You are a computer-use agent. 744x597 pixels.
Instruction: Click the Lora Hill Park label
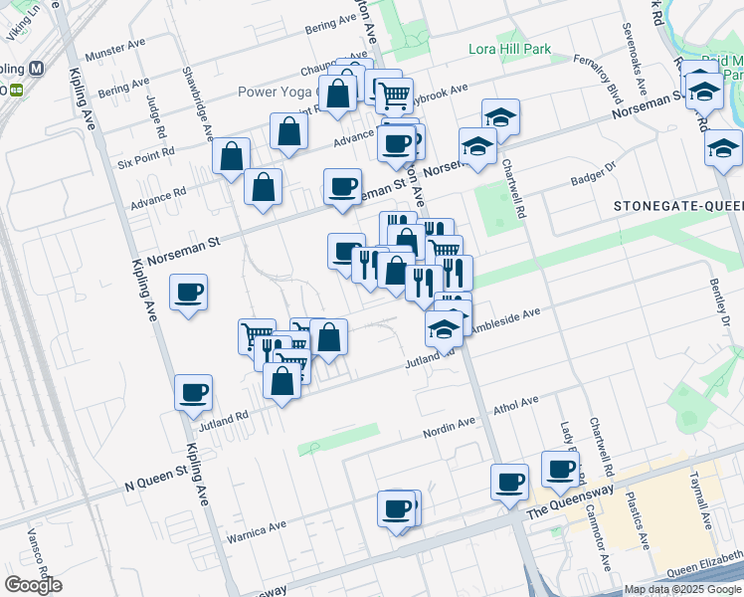(x=509, y=50)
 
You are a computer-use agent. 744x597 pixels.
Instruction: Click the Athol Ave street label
(x=516, y=403)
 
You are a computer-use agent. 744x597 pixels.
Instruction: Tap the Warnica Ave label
(x=256, y=529)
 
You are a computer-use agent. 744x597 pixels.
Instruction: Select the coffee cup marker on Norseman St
(x=343, y=186)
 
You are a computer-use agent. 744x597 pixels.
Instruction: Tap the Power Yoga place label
(x=277, y=93)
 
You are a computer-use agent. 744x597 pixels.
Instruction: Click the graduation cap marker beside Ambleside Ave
(x=444, y=328)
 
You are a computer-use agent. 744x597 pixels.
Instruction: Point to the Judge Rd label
(x=155, y=117)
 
